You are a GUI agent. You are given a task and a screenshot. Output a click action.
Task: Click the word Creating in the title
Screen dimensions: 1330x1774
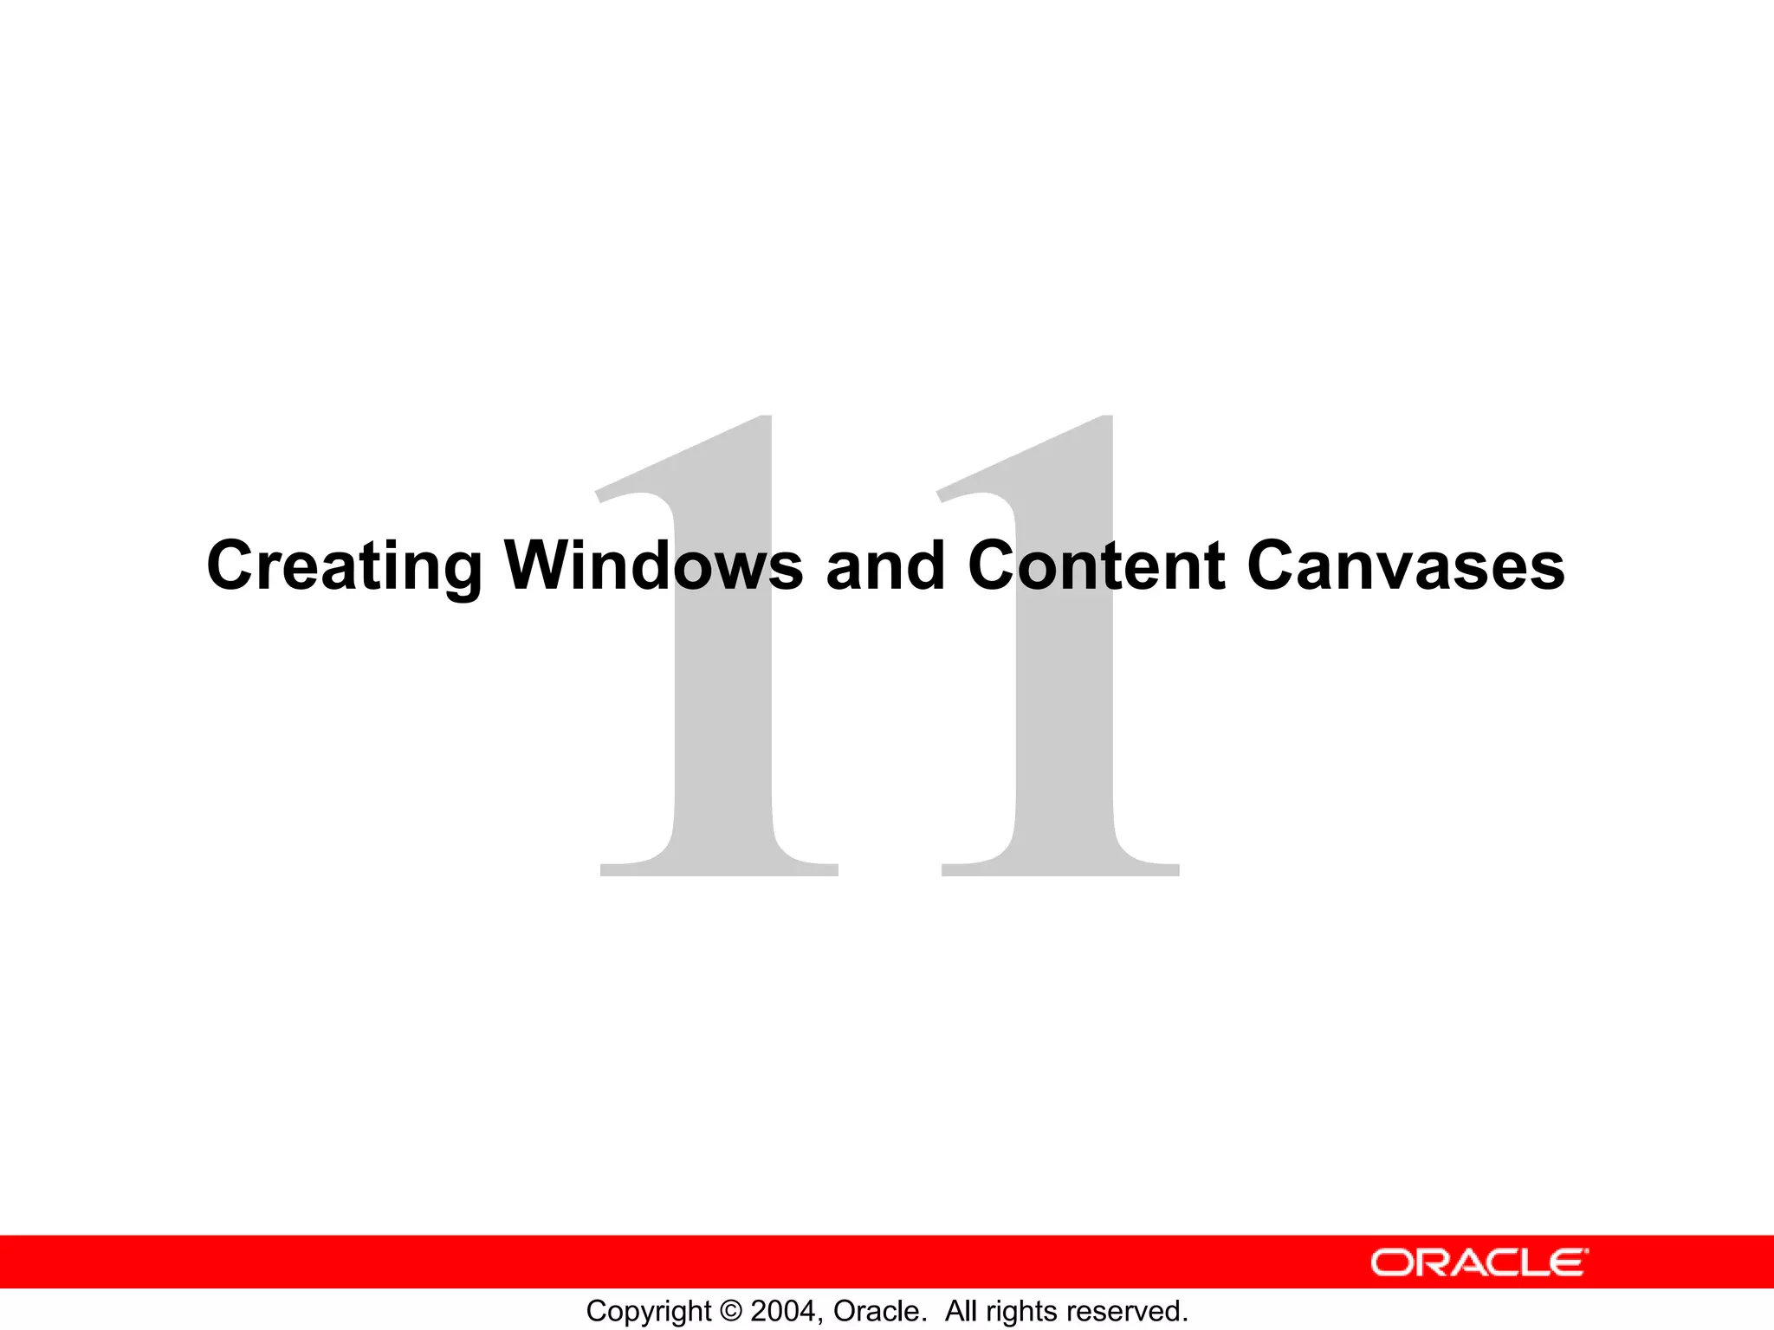pos(344,566)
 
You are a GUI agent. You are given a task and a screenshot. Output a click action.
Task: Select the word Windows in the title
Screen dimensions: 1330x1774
pos(654,566)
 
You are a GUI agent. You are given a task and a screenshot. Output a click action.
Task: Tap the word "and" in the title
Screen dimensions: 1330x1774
pos(885,566)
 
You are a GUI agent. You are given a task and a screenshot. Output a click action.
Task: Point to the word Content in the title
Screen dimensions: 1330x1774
pos(1096,566)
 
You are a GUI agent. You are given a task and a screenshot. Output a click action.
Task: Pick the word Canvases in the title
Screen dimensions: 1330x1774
pos(1405,566)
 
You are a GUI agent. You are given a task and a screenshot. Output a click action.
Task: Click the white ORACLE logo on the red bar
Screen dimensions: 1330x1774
pos(1479,1262)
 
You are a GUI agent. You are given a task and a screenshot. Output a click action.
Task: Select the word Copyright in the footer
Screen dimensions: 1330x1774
pos(649,1311)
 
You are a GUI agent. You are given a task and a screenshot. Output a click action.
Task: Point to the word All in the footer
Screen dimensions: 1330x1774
pos(961,1311)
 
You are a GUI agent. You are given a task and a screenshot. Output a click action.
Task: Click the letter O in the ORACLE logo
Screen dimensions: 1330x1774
pos(1391,1262)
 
